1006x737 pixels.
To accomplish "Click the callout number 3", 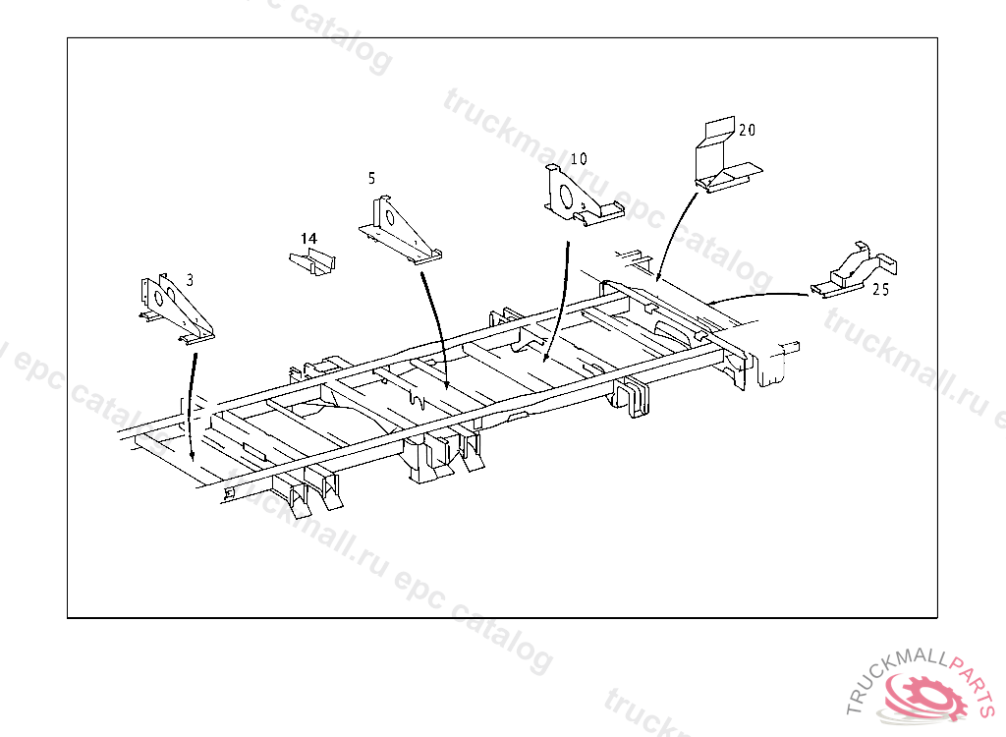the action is pos(190,280).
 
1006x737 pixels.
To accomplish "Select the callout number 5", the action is pos(371,178).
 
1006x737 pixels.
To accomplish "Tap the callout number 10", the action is pos(578,158).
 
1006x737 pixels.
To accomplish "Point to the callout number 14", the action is pos(308,238).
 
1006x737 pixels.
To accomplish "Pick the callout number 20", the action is pos(747,130).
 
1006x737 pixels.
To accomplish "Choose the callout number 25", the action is pos(881,290).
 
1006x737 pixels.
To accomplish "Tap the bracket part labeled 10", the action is pos(581,196).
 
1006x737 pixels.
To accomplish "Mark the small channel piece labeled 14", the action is pos(311,262).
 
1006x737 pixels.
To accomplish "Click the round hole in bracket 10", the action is pos(566,197).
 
